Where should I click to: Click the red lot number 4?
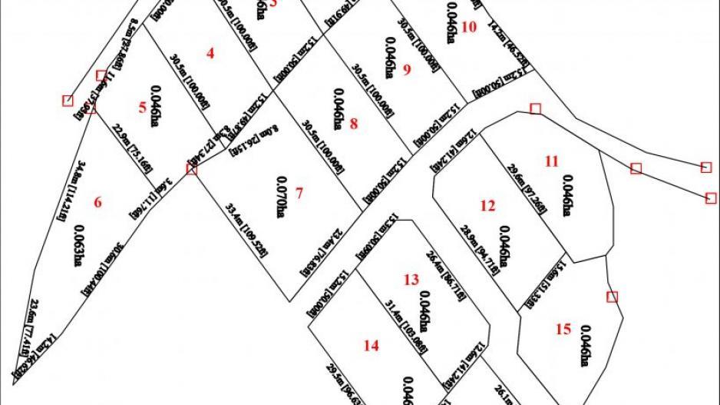pyautogui.click(x=210, y=53)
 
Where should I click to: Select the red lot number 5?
pyautogui.click(x=142, y=108)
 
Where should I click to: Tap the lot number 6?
pyautogui.click(x=97, y=203)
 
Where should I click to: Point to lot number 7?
pyautogui.click(x=299, y=193)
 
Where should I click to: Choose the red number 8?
pyautogui.click(x=354, y=123)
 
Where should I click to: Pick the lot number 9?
pyautogui.click(x=407, y=70)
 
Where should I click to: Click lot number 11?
pyautogui.click(x=552, y=161)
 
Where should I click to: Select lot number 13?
pyautogui.click(x=411, y=279)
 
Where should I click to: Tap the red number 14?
pyautogui.click(x=372, y=346)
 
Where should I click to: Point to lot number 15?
pyautogui.click(x=563, y=329)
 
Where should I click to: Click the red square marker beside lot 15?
pyautogui.click(x=612, y=297)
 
